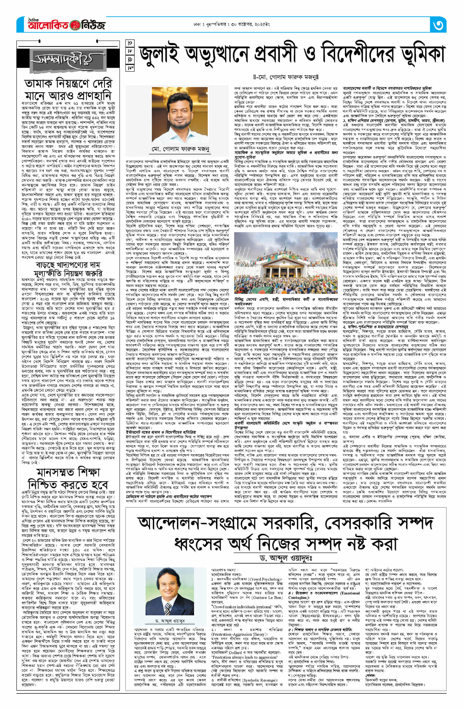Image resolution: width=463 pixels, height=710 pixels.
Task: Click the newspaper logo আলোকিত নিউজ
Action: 61,25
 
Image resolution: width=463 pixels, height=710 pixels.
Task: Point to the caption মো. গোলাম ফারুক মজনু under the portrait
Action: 180,149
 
